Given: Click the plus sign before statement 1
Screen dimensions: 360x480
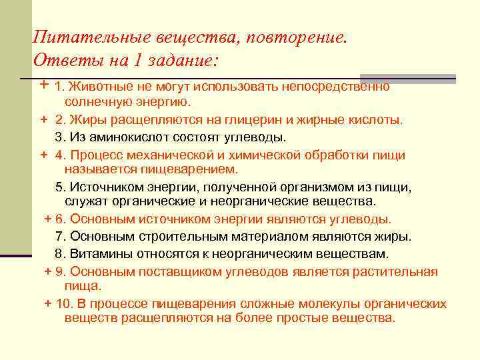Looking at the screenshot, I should [43, 86].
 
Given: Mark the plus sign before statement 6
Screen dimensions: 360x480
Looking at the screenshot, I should [47, 219].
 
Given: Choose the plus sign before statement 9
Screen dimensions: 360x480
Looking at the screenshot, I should [47, 271].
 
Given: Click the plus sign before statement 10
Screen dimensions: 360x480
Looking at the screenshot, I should [47, 304].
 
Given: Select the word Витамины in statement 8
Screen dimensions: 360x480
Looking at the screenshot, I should [96, 254].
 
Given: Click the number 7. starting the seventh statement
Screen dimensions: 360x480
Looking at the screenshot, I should [60, 236].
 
